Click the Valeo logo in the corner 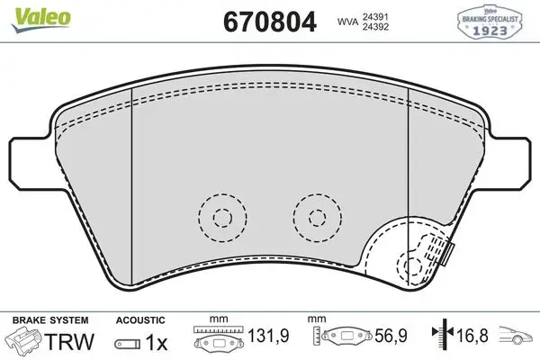pyautogui.click(x=40, y=19)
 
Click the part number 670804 pyautogui.click(x=270, y=22)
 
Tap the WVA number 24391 pyautogui.click(x=375, y=16)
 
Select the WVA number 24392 pyautogui.click(x=375, y=26)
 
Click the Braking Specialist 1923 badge pyautogui.click(x=490, y=22)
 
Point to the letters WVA pyautogui.click(x=347, y=22)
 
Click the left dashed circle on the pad pyautogui.click(x=222, y=218)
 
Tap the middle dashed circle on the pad pyautogui.click(x=318, y=218)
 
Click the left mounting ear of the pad pyautogui.click(x=31, y=163)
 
